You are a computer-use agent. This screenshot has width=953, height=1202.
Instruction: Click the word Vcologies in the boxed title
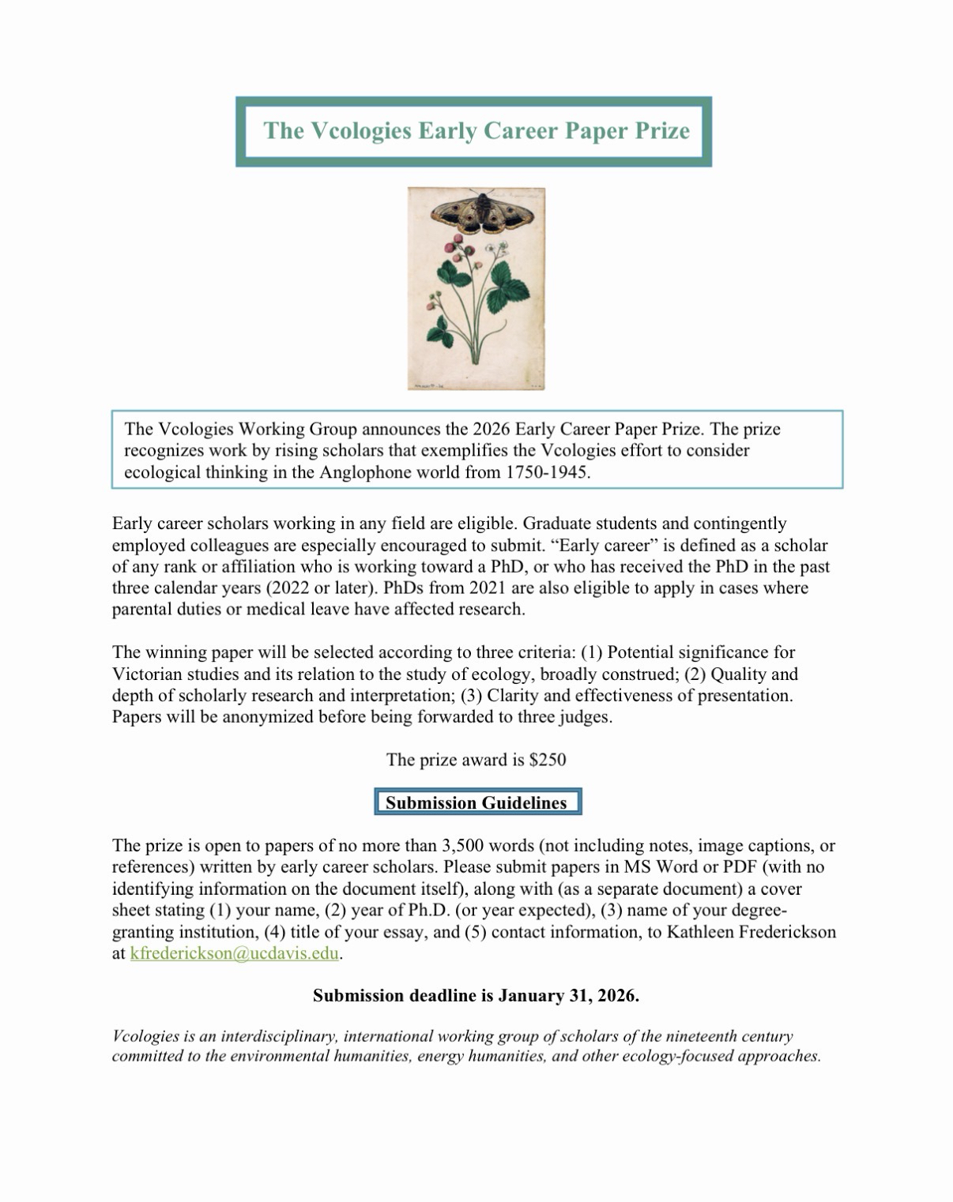[359, 130]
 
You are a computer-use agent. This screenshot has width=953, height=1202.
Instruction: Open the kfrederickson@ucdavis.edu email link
[234, 953]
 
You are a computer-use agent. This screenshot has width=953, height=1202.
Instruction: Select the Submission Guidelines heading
[476, 802]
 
